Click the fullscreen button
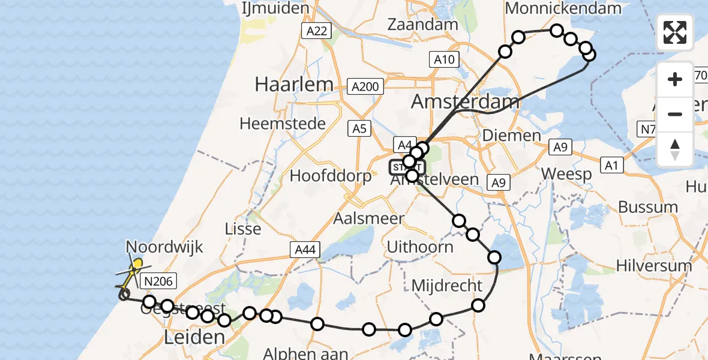675,32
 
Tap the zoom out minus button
675,114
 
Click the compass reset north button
675,149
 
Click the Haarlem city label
293,84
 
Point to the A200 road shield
365,86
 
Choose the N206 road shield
158,280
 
